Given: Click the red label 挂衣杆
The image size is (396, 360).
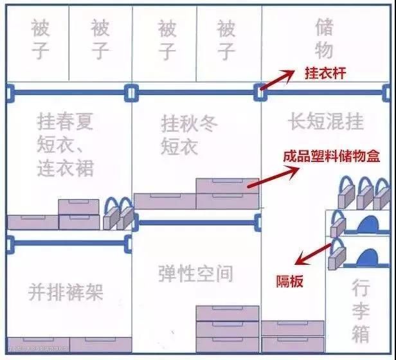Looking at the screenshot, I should click(325, 73).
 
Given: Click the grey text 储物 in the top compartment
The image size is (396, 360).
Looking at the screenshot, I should click(325, 38).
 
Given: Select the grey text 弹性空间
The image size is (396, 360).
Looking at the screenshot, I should click(195, 273).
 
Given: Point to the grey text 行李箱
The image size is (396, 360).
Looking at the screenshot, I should click(361, 312).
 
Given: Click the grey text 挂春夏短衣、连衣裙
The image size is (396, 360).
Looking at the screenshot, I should click(66, 145).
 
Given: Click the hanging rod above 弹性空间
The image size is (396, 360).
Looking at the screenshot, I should click(196, 222).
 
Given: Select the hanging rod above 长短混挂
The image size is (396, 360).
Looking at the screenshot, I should click(325, 93).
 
